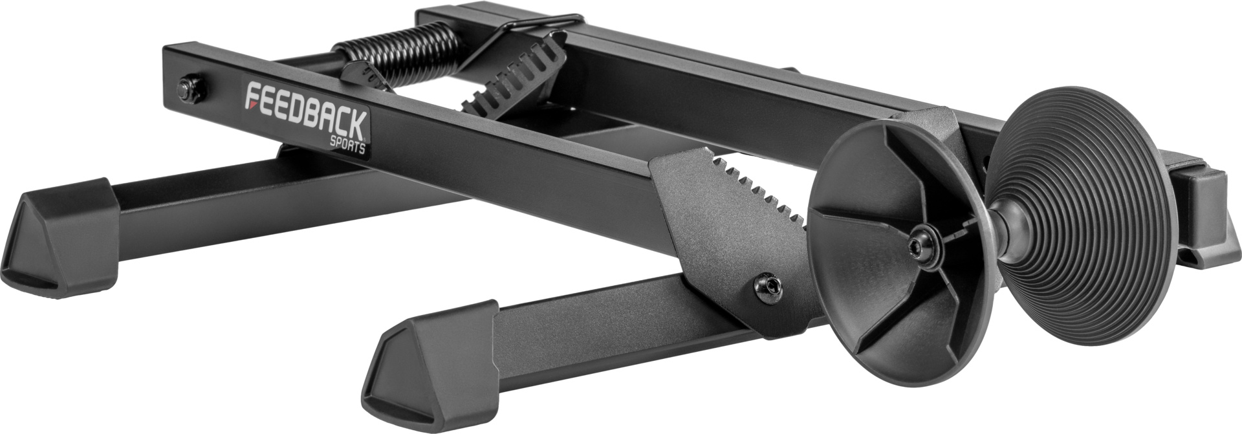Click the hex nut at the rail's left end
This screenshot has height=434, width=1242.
coord(189,91)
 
